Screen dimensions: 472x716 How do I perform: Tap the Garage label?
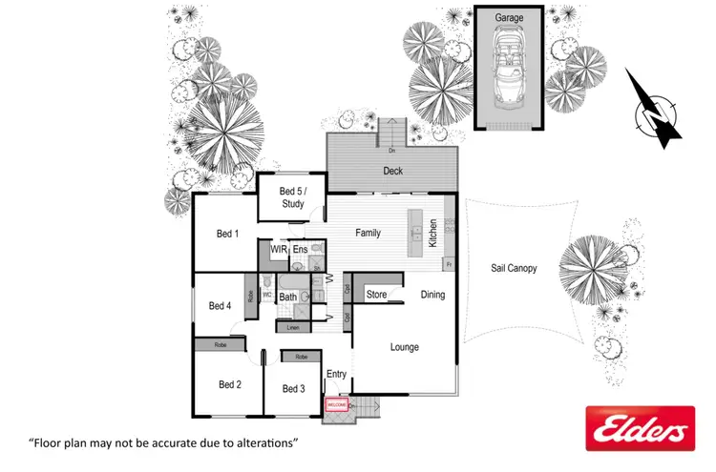(509, 18)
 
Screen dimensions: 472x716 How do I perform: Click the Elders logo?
(639, 428)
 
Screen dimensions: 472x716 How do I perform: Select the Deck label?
(393, 172)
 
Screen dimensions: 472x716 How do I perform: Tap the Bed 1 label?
(227, 234)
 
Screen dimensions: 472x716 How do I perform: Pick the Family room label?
(369, 233)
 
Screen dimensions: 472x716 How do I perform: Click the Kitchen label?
(433, 233)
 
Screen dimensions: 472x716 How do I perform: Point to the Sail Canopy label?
(514, 268)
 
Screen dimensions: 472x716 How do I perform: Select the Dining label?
(432, 295)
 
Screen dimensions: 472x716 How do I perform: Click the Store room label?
(377, 295)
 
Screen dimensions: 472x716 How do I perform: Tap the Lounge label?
(405, 347)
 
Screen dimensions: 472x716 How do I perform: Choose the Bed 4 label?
(220, 306)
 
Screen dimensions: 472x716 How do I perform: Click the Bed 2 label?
(229, 384)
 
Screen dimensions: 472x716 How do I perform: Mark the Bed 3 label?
(293, 388)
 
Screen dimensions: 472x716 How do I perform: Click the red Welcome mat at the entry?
(336, 405)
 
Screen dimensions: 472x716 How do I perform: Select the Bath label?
(288, 298)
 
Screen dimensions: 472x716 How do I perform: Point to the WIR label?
(279, 249)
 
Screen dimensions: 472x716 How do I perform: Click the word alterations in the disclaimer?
(266, 443)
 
